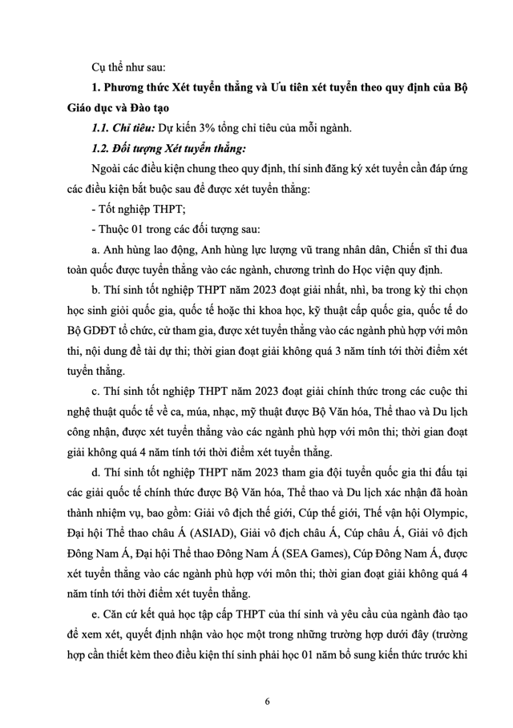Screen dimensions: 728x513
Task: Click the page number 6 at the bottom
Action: pos(267,702)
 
